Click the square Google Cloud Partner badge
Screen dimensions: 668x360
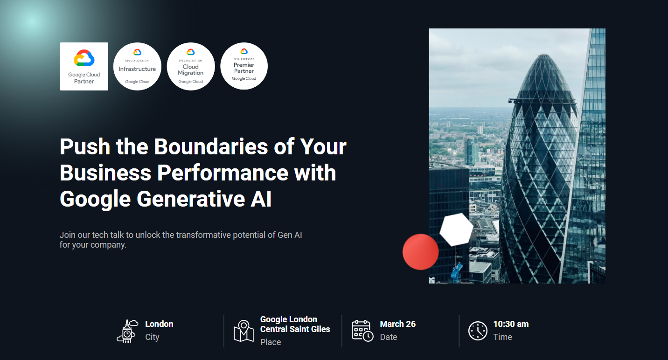84,67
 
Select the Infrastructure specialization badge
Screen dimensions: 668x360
137,67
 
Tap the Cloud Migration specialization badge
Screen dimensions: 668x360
191,67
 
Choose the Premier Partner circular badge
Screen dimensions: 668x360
244,66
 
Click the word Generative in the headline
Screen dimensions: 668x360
191,199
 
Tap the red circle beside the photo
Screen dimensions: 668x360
420,252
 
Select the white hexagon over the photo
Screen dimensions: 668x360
456,229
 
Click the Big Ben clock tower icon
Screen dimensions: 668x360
127,331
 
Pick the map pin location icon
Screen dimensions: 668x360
244,331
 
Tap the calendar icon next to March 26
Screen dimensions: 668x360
362,331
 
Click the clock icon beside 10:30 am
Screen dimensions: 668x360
478,331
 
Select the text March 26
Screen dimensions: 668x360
398,324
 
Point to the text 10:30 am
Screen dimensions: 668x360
511,324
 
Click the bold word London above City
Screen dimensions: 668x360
159,324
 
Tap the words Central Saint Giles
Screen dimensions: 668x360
295,329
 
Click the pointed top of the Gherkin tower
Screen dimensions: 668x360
544,55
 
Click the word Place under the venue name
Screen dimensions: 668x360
271,342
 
